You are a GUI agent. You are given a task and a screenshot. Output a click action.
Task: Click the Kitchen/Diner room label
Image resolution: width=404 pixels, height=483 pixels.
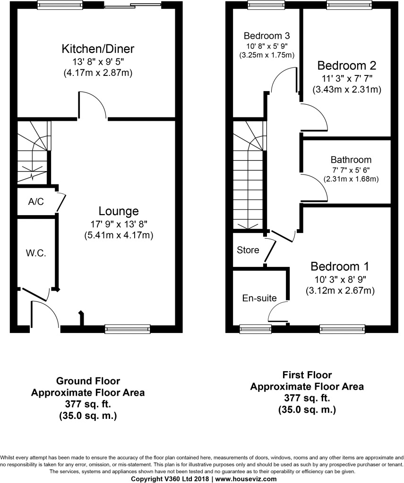point(98,49)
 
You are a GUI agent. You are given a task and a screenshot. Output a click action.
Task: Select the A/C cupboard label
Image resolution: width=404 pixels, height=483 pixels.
point(36,202)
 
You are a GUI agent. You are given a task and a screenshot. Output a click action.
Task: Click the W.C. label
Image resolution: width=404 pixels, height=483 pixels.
point(35,253)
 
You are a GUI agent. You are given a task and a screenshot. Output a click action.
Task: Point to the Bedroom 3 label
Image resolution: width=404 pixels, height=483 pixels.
point(266,36)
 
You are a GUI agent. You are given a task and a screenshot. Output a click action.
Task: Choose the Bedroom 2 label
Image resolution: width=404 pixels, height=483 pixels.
point(346,65)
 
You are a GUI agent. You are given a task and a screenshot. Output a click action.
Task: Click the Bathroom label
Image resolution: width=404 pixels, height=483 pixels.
point(351,160)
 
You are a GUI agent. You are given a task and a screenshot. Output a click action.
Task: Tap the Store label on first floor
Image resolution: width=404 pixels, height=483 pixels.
point(248,250)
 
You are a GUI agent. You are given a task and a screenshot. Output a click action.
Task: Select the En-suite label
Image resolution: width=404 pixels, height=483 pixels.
point(259,298)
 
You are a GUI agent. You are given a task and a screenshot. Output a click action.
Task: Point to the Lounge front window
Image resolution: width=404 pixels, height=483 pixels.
point(127,329)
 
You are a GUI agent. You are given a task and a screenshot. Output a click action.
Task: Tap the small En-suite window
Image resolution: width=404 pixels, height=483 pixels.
point(252,328)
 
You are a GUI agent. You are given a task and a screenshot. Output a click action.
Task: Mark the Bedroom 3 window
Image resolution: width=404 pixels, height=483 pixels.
point(263,6)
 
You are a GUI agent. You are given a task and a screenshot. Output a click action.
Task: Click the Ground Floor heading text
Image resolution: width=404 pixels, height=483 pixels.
point(88,381)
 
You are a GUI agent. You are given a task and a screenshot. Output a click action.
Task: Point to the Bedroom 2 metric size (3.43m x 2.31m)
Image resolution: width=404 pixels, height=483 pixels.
point(346,89)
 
